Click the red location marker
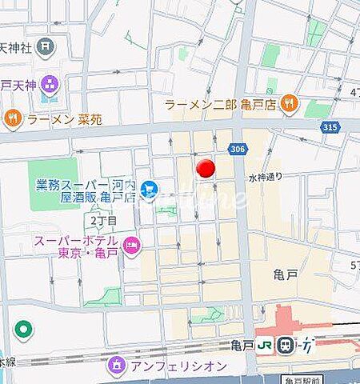206,169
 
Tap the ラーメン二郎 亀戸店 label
220,103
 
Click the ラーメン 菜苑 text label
61,120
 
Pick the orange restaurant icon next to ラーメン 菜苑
12,120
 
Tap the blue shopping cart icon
149,190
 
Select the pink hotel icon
132,246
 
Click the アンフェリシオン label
169,367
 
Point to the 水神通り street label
267,178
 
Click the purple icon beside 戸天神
50,82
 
